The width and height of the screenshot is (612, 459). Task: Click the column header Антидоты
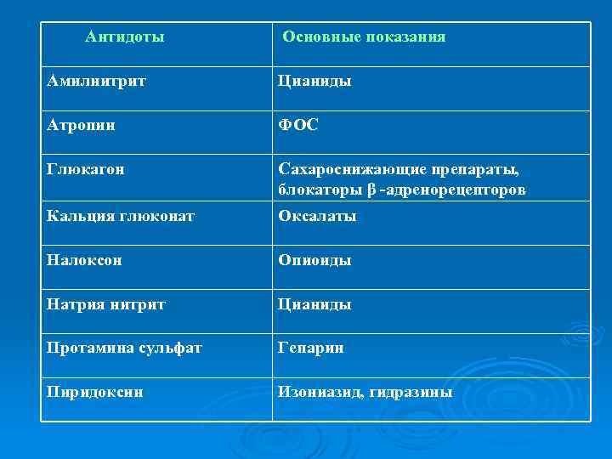tap(125, 37)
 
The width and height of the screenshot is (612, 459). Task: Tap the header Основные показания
tap(364, 37)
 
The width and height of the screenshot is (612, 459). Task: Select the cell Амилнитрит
tap(97, 82)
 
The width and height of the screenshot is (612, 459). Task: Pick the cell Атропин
tap(82, 125)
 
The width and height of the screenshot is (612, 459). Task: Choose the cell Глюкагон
tap(86, 169)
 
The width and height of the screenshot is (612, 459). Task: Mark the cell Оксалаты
tap(318, 216)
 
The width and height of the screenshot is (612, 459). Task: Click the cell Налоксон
tap(85, 260)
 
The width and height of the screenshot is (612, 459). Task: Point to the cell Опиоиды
tap(315, 260)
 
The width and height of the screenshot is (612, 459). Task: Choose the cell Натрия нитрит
tap(106, 304)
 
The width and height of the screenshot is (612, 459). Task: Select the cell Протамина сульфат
tap(125, 348)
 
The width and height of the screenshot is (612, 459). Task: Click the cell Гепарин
tap(311, 348)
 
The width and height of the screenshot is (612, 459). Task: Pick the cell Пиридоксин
tap(95, 393)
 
